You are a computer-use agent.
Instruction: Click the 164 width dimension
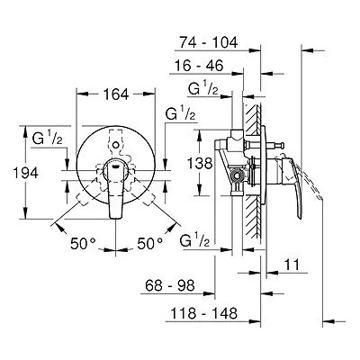pyautogui.click(x=116, y=94)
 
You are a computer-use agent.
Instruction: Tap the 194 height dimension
pyautogui.click(x=26, y=173)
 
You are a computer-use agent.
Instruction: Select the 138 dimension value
pyautogui.click(x=200, y=164)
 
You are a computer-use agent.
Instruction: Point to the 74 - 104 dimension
pyautogui.click(x=209, y=42)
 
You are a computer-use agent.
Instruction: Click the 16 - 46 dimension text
pyautogui.click(x=199, y=66)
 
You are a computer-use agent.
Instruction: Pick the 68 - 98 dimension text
pyautogui.click(x=170, y=285)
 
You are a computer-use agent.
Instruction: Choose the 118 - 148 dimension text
pyautogui.click(x=204, y=314)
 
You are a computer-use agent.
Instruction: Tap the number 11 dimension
pyautogui.click(x=292, y=265)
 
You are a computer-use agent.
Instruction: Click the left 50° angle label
pyautogui.click(x=83, y=243)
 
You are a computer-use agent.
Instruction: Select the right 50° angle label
pyautogui.click(x=150, y=243)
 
